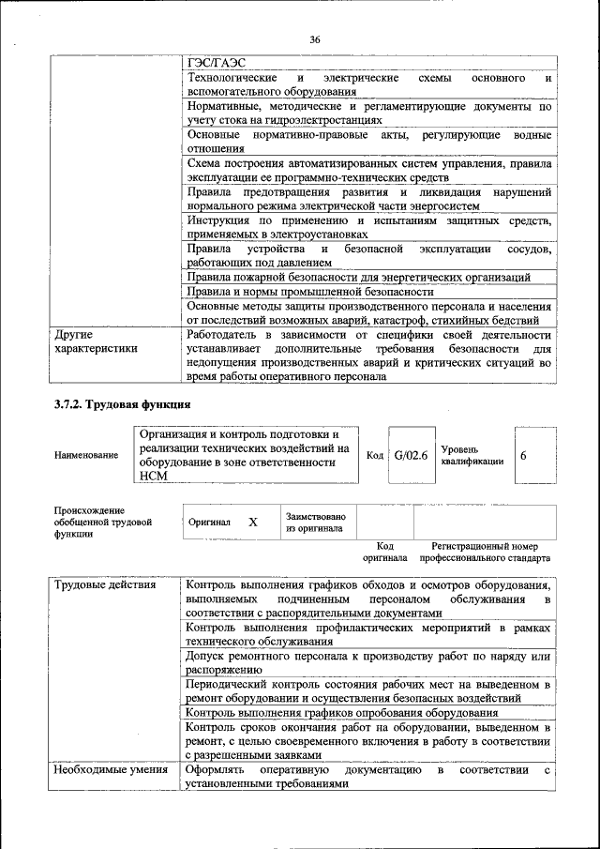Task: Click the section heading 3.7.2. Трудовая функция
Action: point(122,405)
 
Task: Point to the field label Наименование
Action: point(86,455)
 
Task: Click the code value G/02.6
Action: point(411,455)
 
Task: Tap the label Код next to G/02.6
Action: point(375,455)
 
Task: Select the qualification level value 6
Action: point(524,455)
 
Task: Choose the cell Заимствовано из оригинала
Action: point(316,522)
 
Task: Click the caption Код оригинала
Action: point(384,552)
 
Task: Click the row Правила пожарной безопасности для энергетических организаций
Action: point(358,278)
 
